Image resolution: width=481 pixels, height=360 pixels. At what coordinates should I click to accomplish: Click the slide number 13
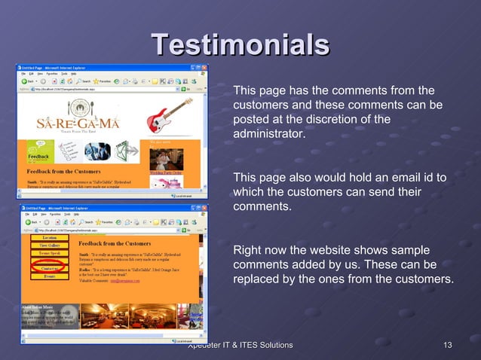[x=447, y=345]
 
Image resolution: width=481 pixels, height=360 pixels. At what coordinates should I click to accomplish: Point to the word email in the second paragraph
[x=383, y=178]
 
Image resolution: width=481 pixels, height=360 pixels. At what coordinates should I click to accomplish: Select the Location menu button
[x=49, y=237]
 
